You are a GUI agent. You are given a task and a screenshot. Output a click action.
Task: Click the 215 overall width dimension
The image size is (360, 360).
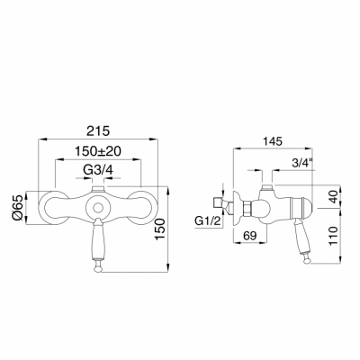point(99,131)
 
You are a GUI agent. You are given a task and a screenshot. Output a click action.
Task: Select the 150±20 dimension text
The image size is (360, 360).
point(98,151)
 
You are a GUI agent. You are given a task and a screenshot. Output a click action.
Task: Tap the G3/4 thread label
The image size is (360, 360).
point(98,170)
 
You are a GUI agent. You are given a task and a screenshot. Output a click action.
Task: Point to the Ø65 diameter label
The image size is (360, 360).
point(19,208)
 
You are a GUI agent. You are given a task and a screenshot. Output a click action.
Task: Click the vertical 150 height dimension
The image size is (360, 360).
point(160,229)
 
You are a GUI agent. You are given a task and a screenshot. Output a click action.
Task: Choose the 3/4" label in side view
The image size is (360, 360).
point(302,163)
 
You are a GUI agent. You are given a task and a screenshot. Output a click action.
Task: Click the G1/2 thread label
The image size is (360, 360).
point(208,221)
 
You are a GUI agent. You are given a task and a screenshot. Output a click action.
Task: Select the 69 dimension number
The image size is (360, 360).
point(249,236)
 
